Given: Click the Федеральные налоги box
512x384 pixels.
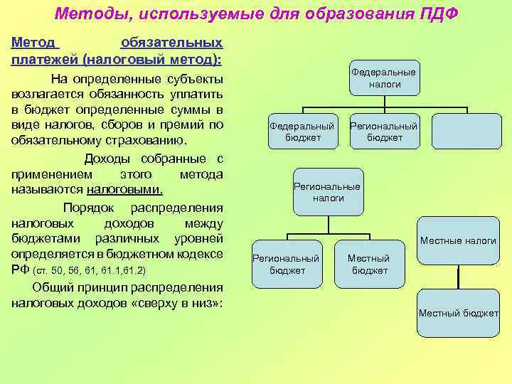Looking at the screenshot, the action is tap(385, 78).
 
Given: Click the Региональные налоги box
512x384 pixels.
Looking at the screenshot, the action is tap(328, 191).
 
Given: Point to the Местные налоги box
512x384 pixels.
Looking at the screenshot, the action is tap(458, 240).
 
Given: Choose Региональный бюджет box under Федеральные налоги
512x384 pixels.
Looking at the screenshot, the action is tap(384, 131).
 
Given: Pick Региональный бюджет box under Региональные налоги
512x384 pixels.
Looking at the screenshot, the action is tap(287, 264).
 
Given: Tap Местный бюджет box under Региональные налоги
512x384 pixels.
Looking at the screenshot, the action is tap(369, 264).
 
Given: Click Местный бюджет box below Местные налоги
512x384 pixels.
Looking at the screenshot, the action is tap(458, 313).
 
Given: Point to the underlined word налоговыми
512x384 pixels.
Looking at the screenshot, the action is tap(124, 190).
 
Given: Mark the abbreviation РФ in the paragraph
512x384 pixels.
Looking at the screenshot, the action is tap(20, 270).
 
